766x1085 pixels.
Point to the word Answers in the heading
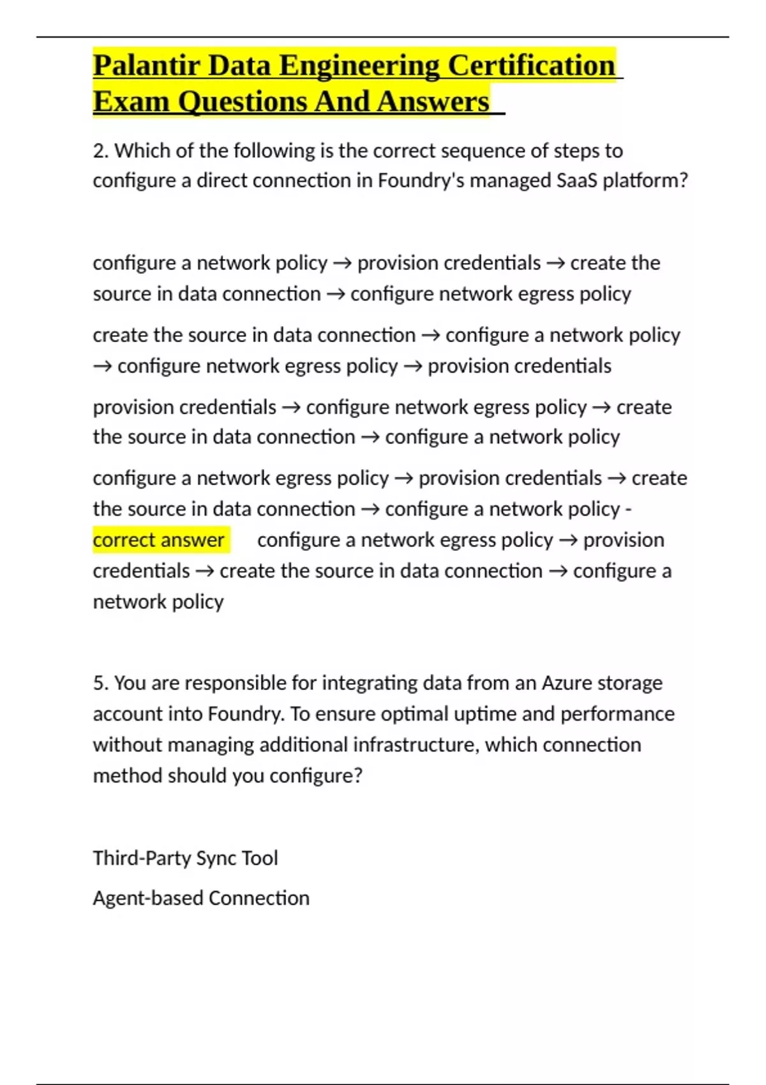(433, 101)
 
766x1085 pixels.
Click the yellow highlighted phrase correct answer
(158, 540)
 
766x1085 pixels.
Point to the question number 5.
(100, 683)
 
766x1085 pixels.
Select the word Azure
(566, 683)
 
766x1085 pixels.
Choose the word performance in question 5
(617, 714)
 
